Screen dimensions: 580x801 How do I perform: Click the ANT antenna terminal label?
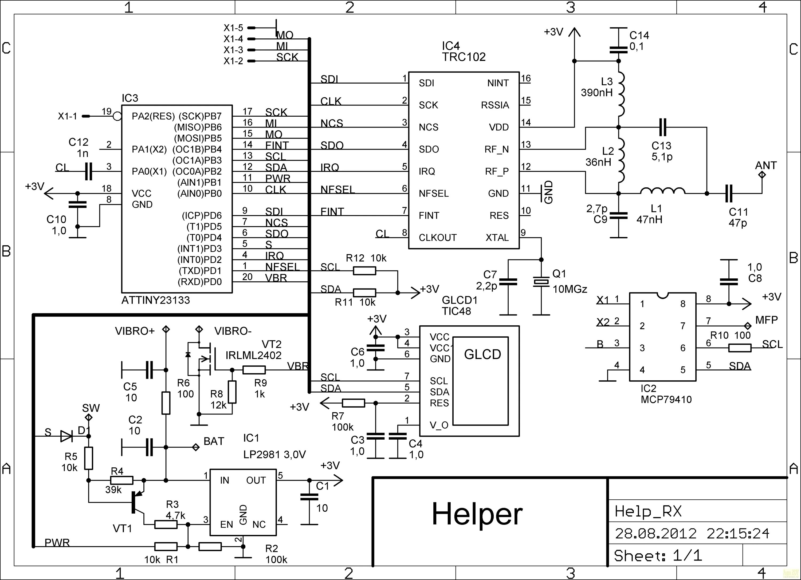[x=766, y=165]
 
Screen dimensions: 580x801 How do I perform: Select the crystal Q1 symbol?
[x=541, y=281]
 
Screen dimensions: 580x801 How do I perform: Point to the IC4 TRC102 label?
[x=463, y=52]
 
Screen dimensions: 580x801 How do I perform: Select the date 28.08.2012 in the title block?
[x=655, y=533]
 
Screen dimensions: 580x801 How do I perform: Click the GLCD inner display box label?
[x=482, y=354]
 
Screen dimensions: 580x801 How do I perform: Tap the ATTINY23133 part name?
[x=156, y=300]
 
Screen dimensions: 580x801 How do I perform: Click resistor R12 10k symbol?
[x=364, y=271]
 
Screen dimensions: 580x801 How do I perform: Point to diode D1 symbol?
[x=66, y=436]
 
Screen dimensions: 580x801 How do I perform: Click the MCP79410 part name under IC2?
[x=666, y=399]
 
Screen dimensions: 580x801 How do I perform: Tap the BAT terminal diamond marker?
[x=195, y=447]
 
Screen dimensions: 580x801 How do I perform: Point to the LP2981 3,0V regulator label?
[x=274, y=454]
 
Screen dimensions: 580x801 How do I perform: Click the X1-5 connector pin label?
[x=233, y=28]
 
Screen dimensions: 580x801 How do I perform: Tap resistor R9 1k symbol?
[x=254, y=370]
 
